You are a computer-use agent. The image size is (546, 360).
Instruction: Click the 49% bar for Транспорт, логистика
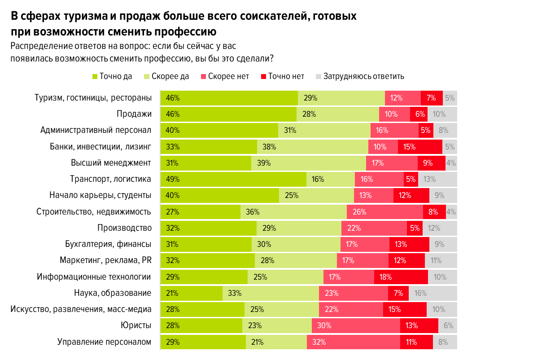[x=234, y=179]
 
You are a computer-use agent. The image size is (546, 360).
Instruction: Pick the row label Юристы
[x=135, y=325]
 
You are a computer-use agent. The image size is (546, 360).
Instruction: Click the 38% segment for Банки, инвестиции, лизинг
[x=312, y=147]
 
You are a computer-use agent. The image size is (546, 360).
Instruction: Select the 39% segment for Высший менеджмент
[x=309, y=163]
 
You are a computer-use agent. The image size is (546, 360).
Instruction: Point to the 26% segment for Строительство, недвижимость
[x=385, y=212]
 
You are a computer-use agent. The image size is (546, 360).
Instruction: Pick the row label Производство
[x=124, y=228]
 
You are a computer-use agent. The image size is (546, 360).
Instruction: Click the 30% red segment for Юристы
[x=356, y=325]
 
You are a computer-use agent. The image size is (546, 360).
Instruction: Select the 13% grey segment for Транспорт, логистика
[x=437, y=179]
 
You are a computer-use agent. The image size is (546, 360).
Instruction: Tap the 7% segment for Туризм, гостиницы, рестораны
[x=432, y=98]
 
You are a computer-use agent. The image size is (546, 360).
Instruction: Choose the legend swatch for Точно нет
[x=264, y=76]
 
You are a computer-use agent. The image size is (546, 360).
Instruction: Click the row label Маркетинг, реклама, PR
[x=105, y=260]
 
